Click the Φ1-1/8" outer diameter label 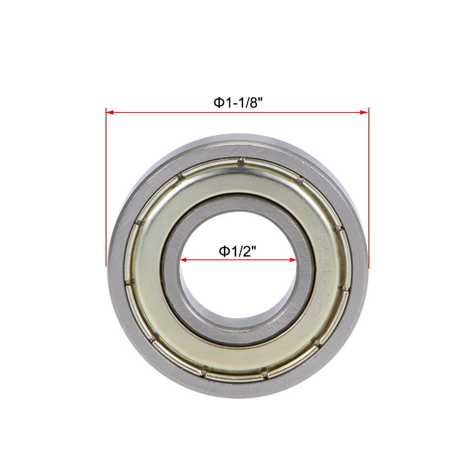tap(238, 103)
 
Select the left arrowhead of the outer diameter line tap(109, 112)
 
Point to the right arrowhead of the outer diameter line tap(365, 112)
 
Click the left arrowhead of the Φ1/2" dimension tap(183, 260)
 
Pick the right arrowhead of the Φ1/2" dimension tap(293, 260)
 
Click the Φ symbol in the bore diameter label tap(224, 251)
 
